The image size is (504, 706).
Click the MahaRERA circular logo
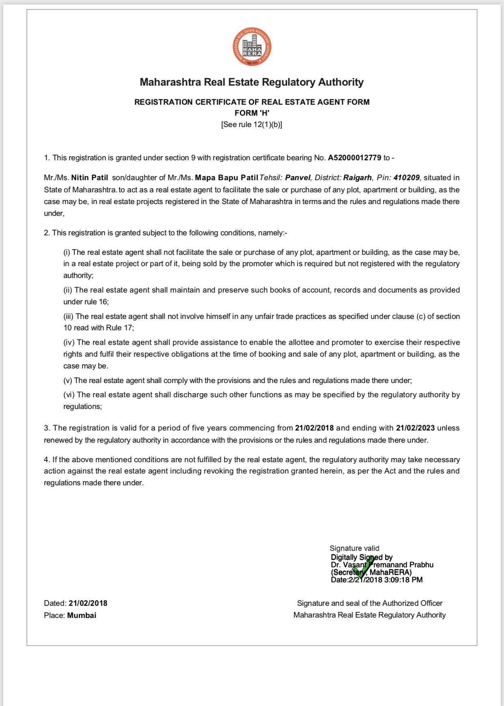(252, 47)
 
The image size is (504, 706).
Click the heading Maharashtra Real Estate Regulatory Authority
(252, 82)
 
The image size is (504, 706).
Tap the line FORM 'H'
(252, 113)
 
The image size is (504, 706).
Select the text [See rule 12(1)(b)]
(252, 125)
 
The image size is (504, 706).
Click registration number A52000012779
(354, 157)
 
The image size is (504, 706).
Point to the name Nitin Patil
(90, 177)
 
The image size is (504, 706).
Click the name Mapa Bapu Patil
(226, 177)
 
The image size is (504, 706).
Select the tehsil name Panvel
(298, 177)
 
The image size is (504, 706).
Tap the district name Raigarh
(358, 177)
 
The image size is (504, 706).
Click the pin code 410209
(406, 177)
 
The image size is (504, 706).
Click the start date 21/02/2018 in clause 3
(314, 428)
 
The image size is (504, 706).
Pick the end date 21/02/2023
(415, 428)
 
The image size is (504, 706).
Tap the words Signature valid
(354, 548)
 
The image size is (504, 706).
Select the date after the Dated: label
(88, 603)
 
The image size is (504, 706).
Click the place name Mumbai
(82, 616)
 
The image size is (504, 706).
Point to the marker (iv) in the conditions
(69, 342)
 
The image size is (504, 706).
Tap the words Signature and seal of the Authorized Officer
(370, 603)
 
